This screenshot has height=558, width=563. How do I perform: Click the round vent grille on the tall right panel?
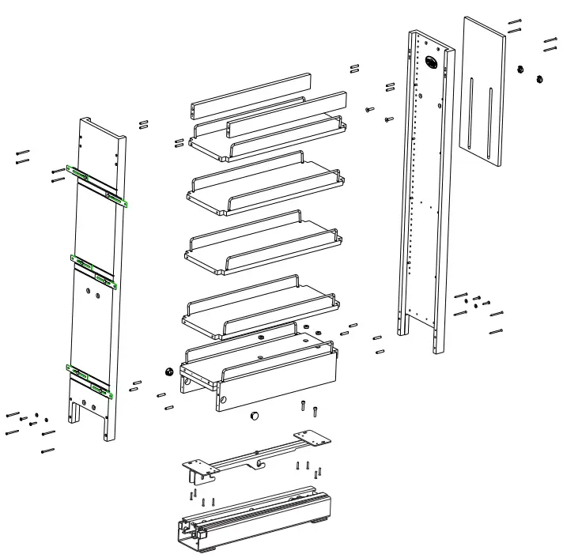pyautogui.click(x=432, y=62)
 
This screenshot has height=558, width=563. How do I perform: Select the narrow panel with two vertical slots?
pyautogui.click(x=482, y=91)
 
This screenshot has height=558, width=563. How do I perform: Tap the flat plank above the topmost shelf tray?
pyautogui.click(x=250, y=93)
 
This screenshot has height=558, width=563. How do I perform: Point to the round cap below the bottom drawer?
pyautogui.click(x=255, y=416)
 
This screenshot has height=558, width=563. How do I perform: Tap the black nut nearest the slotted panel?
pyautogui.click(x=521, y=70)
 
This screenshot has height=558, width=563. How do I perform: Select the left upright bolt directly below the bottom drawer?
pyautogui.click(x=303, y=407)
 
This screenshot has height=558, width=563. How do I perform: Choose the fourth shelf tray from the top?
pyautogui.click(x=261, y=304)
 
